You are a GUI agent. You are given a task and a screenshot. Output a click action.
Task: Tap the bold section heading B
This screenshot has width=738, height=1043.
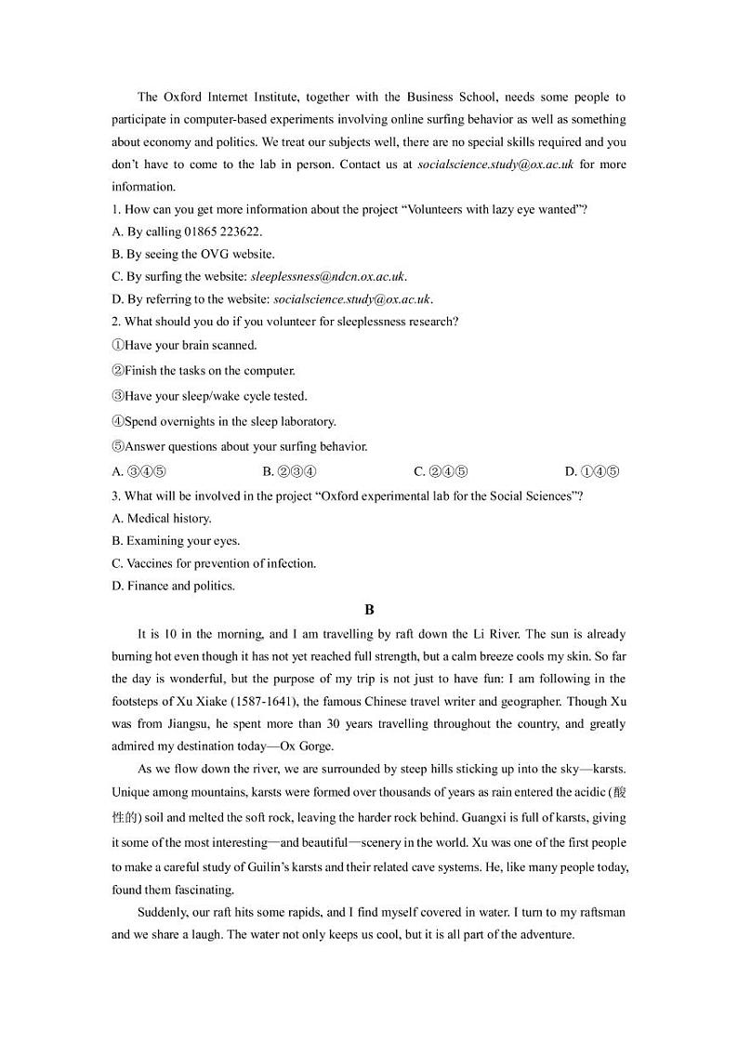pos(369,610)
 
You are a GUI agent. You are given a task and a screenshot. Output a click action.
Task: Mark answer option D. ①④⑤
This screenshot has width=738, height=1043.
pos(592,471)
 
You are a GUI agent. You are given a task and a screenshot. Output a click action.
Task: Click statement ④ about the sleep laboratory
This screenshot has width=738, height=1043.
pos(224,421)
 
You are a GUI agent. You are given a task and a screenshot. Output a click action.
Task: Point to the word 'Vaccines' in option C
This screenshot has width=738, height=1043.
pos(149,563)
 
